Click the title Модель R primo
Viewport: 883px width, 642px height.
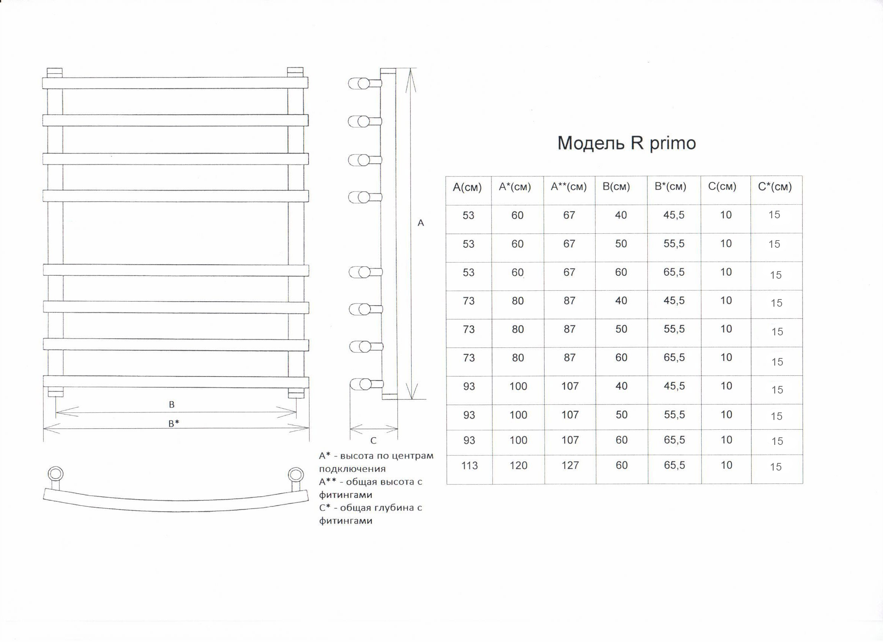(x=627, y=143)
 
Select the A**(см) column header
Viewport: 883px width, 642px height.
(x=568, y=187)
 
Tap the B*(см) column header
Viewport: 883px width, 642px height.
(x=670, y=187)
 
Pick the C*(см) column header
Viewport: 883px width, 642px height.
(x=775, y=187)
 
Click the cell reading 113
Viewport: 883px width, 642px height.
(x=469, y=466)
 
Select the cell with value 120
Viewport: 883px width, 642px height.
(x=518, y=466)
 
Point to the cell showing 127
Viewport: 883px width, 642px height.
(x=570, y=465)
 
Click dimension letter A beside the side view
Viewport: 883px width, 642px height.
(x=420, y=223)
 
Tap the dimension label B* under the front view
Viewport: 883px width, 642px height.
(x=174, y=424)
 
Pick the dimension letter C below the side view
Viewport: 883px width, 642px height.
(x=374, y=441)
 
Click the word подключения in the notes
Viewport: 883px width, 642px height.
(x=352, y=469)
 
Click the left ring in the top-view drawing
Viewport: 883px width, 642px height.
(x=55, y=474)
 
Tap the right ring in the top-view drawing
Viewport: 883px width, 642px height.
(x=295, y=475)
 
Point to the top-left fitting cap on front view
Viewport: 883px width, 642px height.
(x=54, y=73)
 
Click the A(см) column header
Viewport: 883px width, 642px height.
(x=467, y=188)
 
